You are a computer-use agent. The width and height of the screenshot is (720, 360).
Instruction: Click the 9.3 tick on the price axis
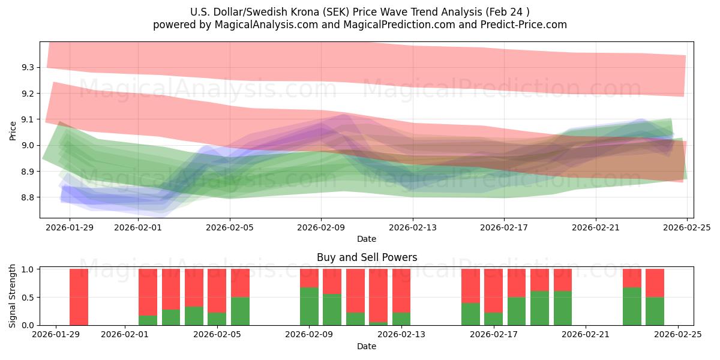click(26, 67)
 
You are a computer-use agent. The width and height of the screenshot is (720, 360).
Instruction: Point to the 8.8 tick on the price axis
click(26, 197)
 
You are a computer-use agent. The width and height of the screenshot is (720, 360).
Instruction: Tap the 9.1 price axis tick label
click(26, 119)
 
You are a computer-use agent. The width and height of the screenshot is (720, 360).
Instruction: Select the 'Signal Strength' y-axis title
click(13, 296)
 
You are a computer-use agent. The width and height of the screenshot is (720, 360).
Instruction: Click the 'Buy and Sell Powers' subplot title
click(367, 257)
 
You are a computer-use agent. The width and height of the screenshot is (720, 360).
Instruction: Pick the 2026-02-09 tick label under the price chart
click(321, 227)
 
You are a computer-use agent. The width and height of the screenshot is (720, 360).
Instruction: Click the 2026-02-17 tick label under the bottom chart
click(493, 335)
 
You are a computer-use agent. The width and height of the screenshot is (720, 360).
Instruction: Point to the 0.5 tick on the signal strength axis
click(26, 298)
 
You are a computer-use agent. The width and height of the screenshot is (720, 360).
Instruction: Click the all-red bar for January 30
click(79, 297)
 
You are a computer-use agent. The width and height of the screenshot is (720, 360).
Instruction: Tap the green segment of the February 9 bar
click(309, 307)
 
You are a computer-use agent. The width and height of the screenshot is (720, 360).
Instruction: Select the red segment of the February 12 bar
click(378, 296)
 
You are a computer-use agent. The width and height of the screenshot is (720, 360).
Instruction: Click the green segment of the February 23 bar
click(632, 307)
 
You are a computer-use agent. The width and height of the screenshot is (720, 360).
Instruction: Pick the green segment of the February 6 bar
click(240, 311)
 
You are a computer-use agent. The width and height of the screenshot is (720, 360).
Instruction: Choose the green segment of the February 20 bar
click(562, 308)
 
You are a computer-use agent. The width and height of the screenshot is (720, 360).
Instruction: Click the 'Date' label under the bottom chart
click(367, 346)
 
